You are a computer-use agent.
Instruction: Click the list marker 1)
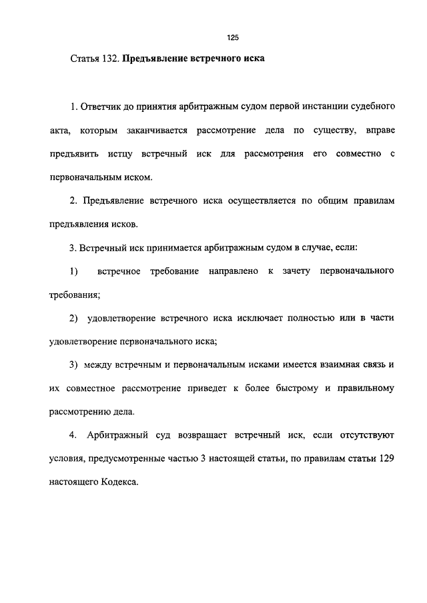73,271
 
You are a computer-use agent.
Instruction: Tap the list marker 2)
73,318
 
